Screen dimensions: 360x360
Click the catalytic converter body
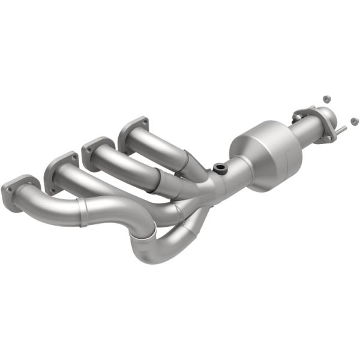(x=267, y=155)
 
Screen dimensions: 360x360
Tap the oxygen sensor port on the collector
(x=220, y=167)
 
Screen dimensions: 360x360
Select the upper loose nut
(x=326, y=97)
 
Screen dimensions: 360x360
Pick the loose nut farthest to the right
(x=353, y=122)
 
